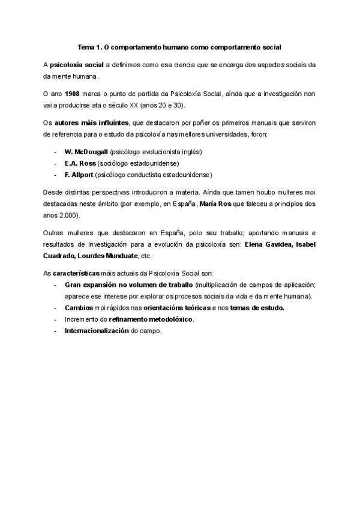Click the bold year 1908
72,94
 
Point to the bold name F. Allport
77,175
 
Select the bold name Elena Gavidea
271,245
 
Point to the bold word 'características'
80,274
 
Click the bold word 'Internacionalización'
97,331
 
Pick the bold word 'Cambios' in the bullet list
79,308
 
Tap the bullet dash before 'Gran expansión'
55,285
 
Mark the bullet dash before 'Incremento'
55,319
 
